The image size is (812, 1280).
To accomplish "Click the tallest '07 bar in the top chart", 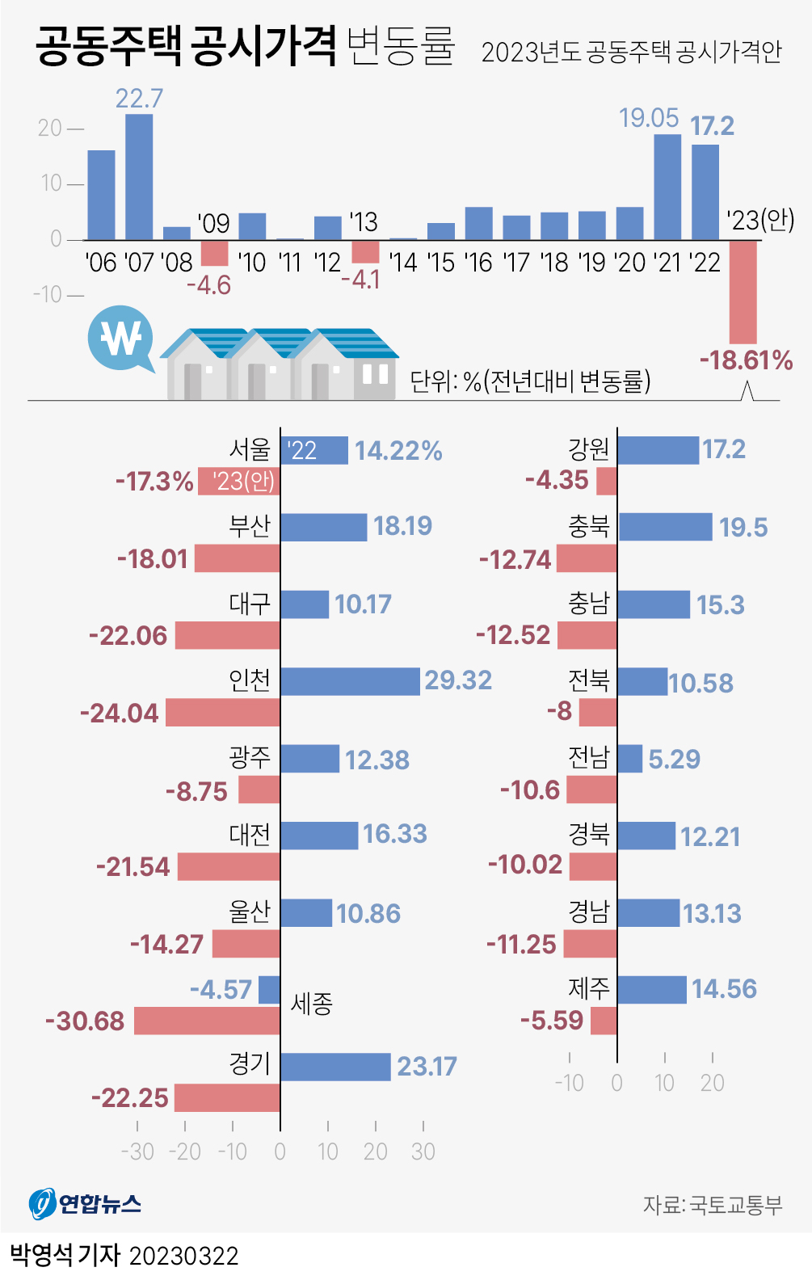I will point(139,176).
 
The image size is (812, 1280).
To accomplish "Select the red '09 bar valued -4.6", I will point(214,252).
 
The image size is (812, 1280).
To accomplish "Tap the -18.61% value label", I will point(746,360).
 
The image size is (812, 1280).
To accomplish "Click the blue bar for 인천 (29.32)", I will point(350,681).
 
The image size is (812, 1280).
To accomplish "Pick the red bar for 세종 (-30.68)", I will point(207,1021).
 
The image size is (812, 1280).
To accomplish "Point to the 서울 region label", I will point(250,449).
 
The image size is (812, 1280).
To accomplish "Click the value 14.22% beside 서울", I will point(398,451).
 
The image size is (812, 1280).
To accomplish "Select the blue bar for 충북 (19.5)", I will point(665,527).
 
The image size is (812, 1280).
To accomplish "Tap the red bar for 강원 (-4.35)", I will point(606,481).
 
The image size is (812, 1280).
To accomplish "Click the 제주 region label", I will point(588,987).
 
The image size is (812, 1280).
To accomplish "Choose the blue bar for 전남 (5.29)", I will point(630,759).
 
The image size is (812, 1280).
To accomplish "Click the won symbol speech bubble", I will point(121,338).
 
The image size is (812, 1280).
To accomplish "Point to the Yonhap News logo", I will point(85,1204).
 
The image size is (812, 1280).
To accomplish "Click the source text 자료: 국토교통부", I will point(713,1205).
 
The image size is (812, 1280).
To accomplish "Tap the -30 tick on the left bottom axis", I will point(137,1152).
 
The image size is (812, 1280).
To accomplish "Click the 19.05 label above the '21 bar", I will point(649,118).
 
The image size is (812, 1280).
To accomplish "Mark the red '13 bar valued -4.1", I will point(365,251).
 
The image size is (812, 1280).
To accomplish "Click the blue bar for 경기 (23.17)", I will point(335,1067).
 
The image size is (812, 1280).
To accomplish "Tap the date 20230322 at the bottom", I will point(184,1257).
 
